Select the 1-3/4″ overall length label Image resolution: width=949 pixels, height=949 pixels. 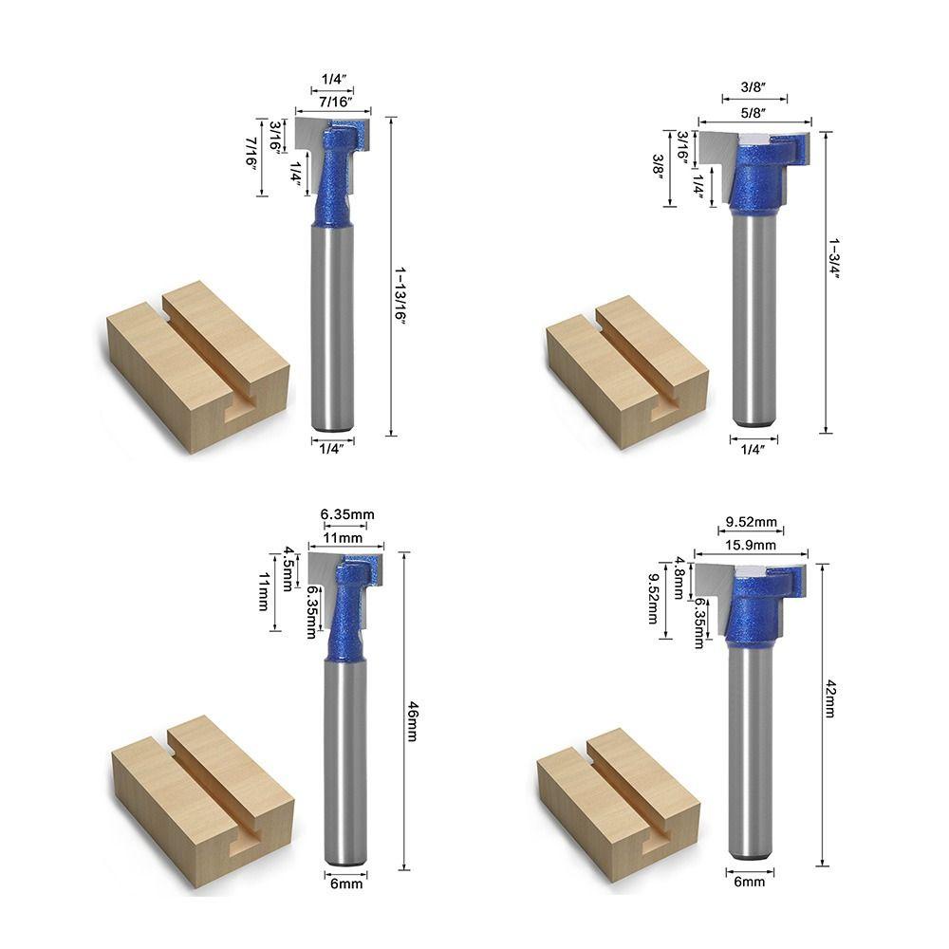[835, 259]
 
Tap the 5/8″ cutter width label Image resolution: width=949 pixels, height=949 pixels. [753, 112]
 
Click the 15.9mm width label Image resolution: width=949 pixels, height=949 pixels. [751, 545]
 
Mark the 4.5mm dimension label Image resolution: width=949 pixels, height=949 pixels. [289, 568]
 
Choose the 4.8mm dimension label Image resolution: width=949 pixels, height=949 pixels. [680, 578]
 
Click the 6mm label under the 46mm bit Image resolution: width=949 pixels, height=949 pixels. [346, 884]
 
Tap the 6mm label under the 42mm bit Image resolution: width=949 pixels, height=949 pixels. [750, 882]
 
